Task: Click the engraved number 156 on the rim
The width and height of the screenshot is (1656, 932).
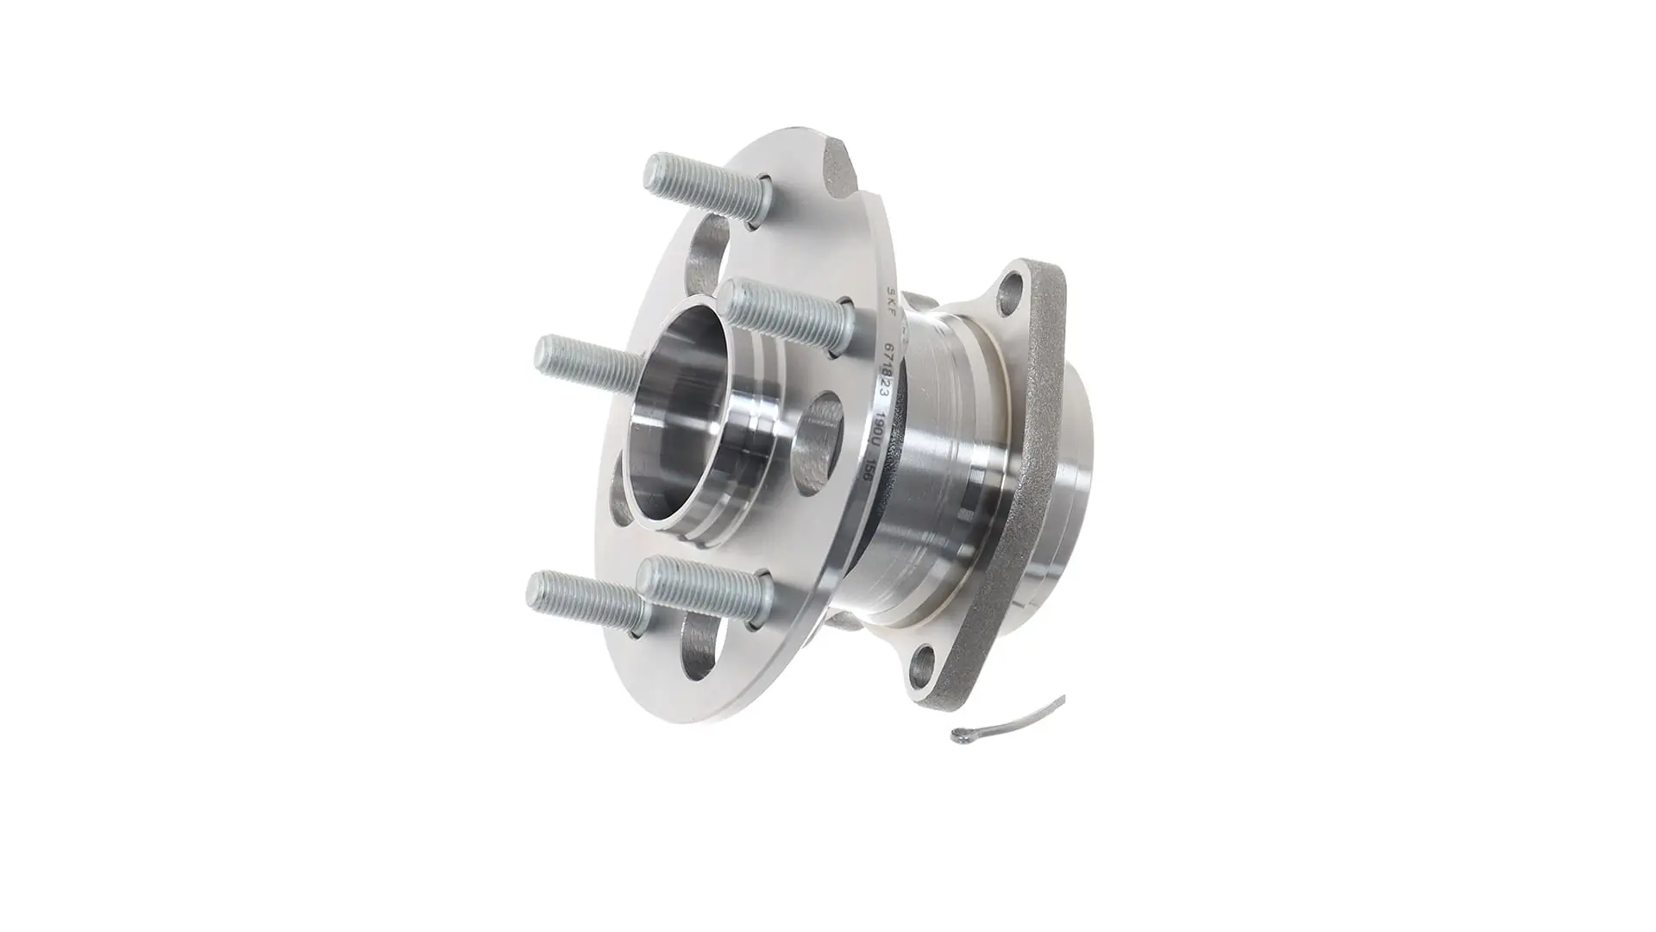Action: (869, 474)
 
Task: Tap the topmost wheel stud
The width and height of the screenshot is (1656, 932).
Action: (699, 182)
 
